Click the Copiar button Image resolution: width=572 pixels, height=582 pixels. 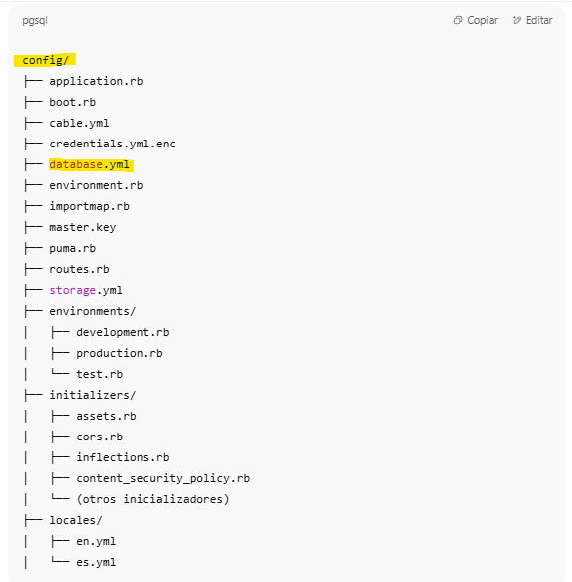pos(476,20)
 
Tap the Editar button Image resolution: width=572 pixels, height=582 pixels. pos(533,20)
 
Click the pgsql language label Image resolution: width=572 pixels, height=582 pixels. pos(35,20)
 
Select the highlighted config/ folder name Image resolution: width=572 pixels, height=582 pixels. pos(45,60)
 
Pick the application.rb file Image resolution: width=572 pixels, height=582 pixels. pos(96,81)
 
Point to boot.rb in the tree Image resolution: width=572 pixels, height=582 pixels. pos(73,102)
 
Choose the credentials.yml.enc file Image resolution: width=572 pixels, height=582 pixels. pos(113,144)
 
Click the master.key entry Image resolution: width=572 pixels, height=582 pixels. pos(83,227)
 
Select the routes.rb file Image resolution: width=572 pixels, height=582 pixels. pos(79,269)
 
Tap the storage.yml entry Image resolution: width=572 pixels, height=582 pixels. pos(86,290)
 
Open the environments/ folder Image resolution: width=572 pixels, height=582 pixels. pos(93,311)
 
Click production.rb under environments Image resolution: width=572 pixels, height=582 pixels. pos(120,353)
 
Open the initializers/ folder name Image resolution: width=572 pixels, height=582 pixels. pos(93,395)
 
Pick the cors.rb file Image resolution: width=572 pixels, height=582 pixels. pos(99,436)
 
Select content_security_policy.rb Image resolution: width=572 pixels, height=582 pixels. pos(163,478)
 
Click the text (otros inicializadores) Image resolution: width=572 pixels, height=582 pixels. pos(152,499)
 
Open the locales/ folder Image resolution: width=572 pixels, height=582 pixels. pos(76,520)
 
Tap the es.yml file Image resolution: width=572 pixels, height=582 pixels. pos(96,562)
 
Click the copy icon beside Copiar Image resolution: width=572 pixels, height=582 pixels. pos(458,20)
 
